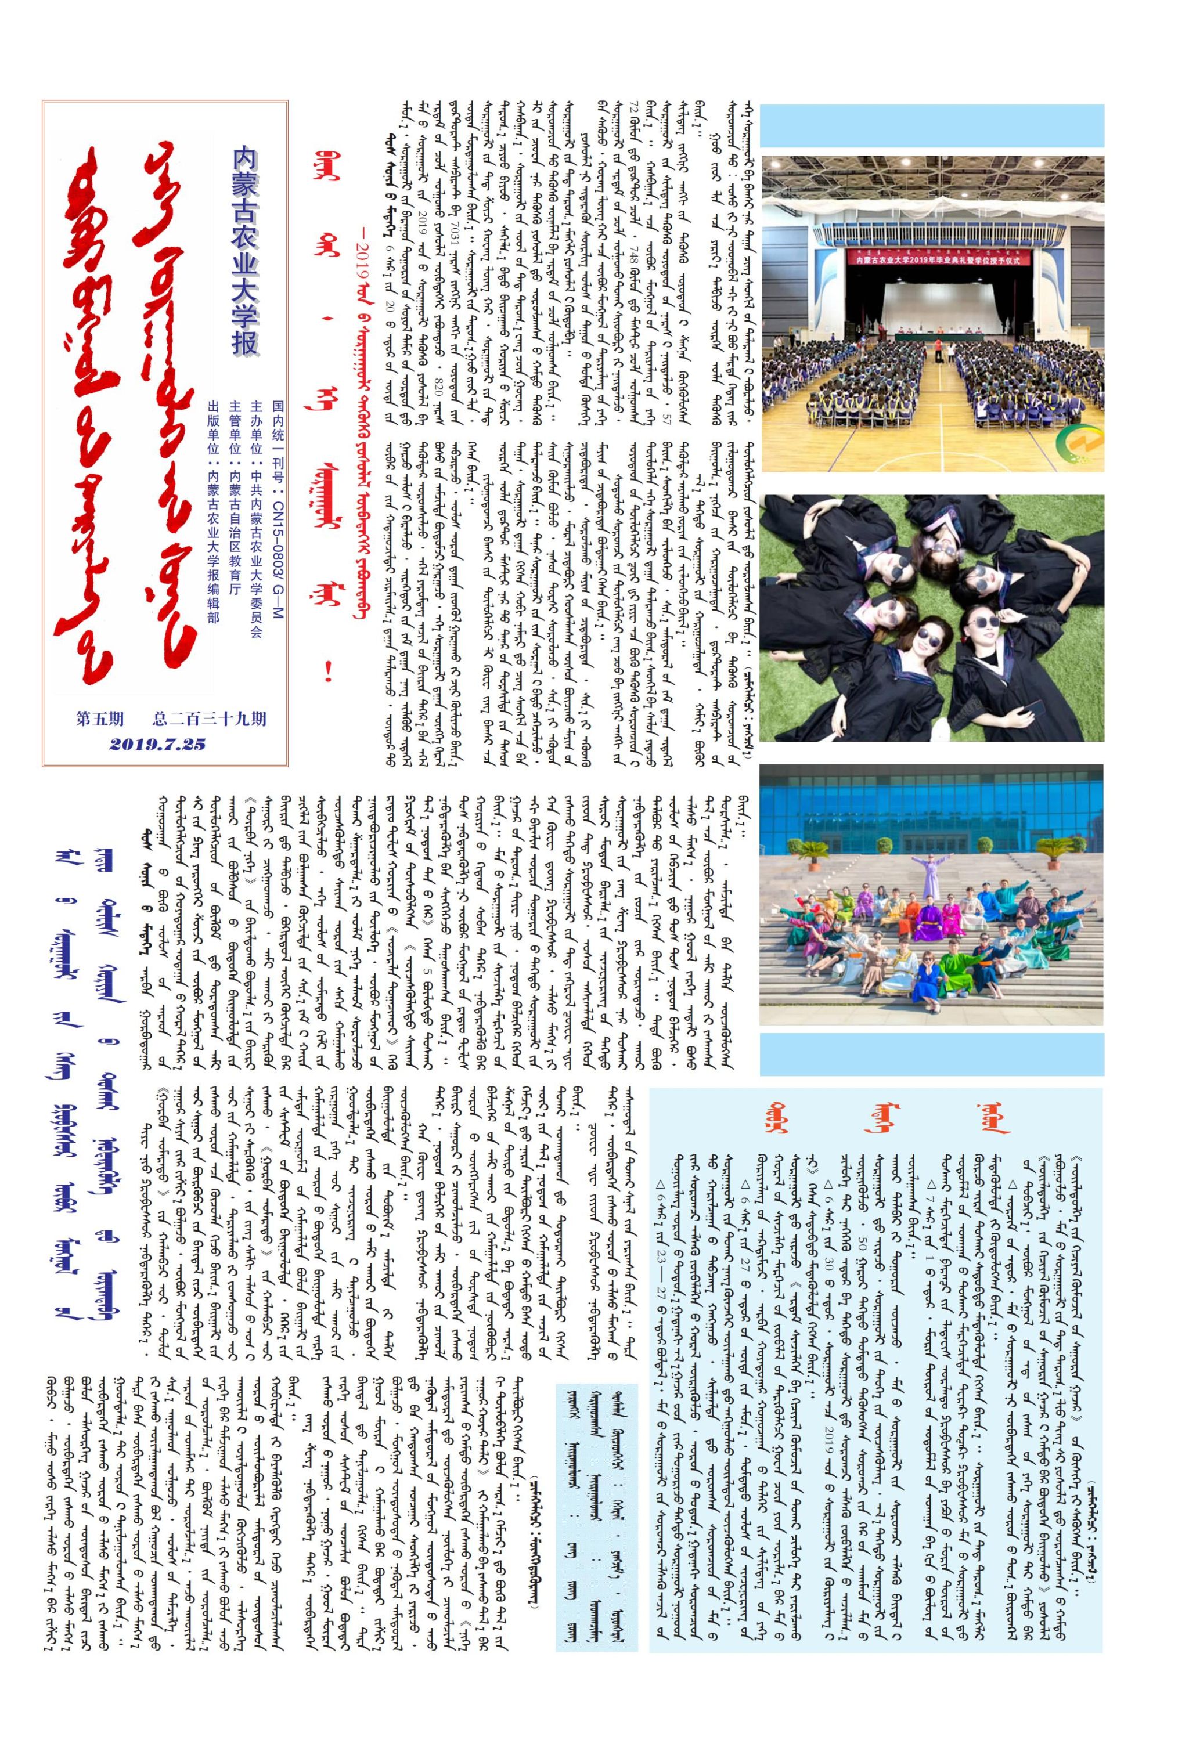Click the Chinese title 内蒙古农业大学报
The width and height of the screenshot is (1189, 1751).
click(246, 251)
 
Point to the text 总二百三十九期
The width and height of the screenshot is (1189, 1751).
click(210, 718)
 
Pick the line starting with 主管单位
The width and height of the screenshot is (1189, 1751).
click(235, 521)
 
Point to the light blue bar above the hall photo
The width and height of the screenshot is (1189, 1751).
click(931, 126)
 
